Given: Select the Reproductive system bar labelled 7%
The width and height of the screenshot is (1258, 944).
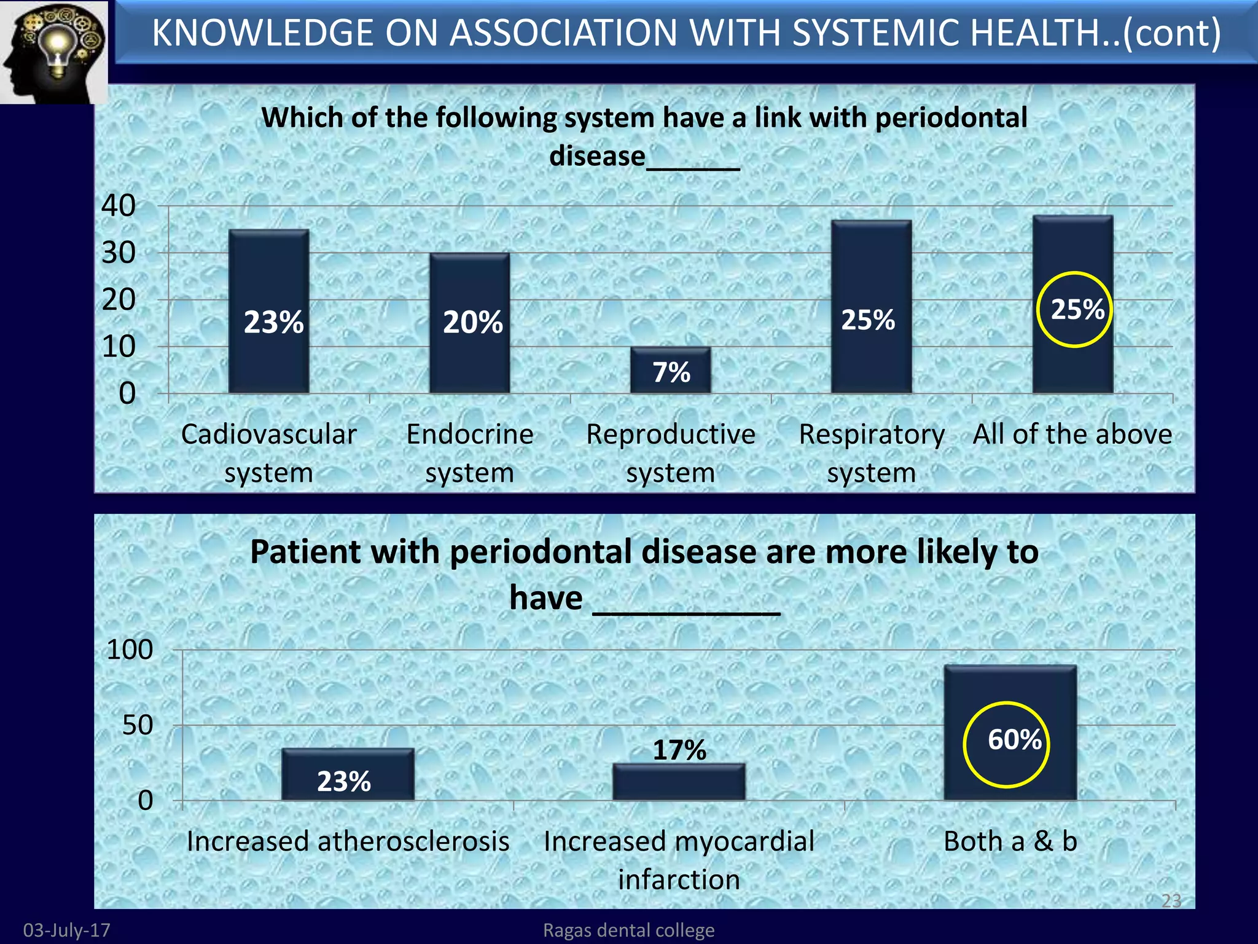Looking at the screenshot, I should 670,371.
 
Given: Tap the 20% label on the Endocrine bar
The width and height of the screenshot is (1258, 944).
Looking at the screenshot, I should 472,322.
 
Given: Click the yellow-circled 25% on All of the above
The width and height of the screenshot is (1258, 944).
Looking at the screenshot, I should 1077,309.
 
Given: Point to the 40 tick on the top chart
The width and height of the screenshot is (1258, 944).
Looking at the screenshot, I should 119,205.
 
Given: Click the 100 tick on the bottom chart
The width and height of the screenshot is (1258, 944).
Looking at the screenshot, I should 130,650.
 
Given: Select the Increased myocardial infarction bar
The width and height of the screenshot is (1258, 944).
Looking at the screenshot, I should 679,782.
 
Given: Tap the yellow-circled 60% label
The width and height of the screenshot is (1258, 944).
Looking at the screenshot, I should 1014,739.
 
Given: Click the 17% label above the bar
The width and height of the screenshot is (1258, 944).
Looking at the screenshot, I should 679,749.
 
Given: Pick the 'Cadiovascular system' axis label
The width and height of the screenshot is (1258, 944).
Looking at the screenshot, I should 268,453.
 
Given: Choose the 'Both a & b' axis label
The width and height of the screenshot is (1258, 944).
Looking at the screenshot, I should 1010,841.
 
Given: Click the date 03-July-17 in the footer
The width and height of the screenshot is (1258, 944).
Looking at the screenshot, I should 66,930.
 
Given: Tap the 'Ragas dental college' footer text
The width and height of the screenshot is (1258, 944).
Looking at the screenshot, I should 628,930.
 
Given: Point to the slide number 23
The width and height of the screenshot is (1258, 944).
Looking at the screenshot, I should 1171,900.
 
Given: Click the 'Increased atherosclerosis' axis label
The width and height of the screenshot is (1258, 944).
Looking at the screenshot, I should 348,841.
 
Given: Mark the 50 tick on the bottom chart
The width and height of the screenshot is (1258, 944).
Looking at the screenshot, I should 137,725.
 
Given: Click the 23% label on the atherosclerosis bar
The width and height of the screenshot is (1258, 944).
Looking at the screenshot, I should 343,781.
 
